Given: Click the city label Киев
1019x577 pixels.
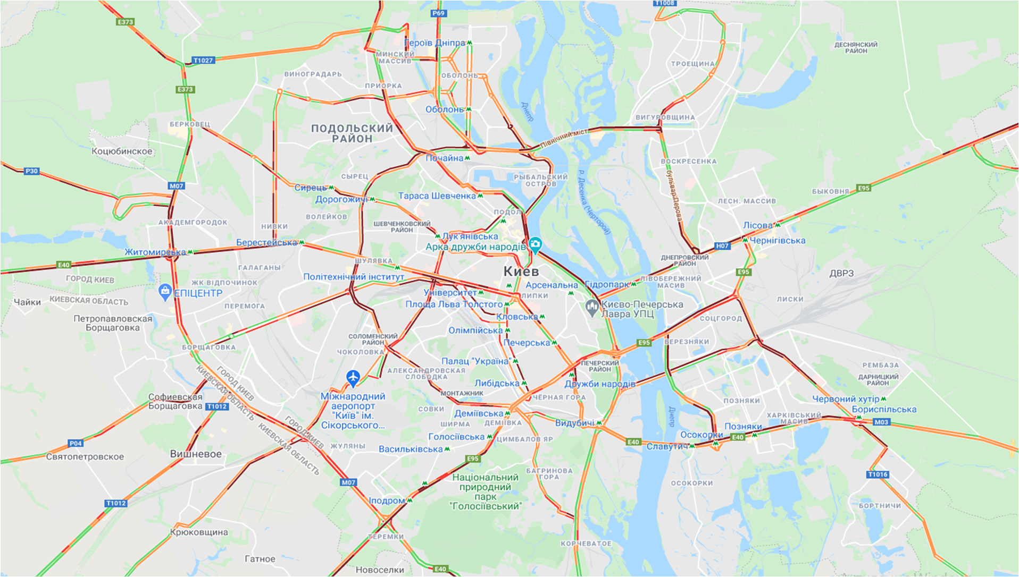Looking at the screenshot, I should click(x=521, y=271).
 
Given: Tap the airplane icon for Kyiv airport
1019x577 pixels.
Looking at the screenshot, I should click(x=353, y=378).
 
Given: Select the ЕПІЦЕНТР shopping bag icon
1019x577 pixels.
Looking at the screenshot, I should click(x=165, y=291).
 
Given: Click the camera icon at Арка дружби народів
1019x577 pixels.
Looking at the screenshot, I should click(x=535, y=244).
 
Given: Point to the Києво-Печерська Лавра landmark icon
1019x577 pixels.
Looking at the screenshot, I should click(x=591, y=307).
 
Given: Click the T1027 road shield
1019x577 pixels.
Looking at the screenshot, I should click(x=203, y=61).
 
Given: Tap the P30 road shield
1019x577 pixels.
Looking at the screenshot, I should click(x=32, y=171).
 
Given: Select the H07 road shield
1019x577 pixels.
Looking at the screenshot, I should click(x=722, y=245).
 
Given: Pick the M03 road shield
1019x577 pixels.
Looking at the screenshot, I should click(x=881, y=422).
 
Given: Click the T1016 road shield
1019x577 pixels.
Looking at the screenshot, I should click(x=878, y=474).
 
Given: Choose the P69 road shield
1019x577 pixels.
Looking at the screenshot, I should click(x=438, y=13).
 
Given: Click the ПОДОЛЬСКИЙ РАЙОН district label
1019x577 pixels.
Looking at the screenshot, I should click(x=352, y=133).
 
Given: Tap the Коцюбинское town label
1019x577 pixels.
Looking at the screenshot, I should click(x=122, y=151).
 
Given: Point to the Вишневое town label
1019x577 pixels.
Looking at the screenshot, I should click(x=196, y=454).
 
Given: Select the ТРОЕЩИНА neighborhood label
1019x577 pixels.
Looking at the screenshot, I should click(x=692, y=64).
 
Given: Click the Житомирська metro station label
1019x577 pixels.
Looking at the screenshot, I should click(x=155, y=252).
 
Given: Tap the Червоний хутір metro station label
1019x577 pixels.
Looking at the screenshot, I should click(x=846, y=399).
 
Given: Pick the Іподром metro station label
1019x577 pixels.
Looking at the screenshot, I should click(x=387, y=500).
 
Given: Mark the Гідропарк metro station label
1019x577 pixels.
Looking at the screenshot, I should click(x=607, y=284).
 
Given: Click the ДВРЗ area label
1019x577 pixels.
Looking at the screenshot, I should click(x=841, y=273).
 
